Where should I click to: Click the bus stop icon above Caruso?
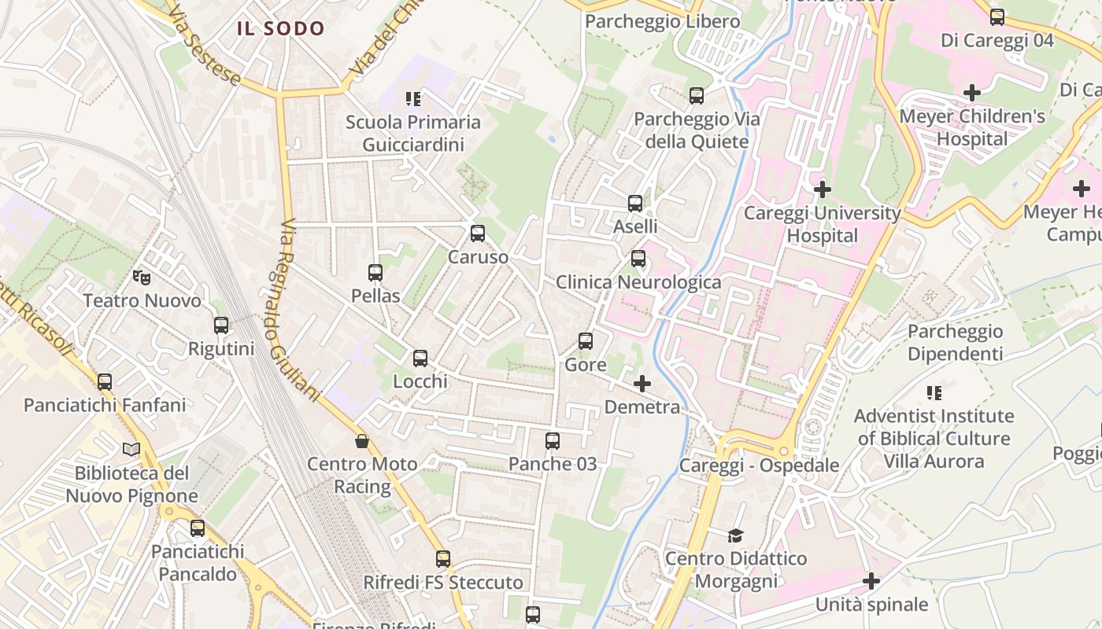478,234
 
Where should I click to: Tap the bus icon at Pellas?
375,273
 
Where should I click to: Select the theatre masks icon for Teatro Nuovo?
142,277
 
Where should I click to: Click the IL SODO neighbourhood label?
281,29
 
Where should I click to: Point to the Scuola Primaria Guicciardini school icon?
413,99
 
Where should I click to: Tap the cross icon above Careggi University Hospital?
823,189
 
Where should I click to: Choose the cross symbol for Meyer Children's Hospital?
972,93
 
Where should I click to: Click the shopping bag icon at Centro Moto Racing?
362,441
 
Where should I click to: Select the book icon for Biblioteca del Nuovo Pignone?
131,450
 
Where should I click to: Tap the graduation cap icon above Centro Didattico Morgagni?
735,535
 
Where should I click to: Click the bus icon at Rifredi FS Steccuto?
443,559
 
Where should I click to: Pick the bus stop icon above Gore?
586,341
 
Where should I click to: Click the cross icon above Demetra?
642,384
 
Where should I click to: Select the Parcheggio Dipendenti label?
955,342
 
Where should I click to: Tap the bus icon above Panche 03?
553,441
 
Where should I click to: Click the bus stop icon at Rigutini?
221,326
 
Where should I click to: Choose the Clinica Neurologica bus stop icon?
638,259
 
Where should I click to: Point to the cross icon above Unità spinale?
871,581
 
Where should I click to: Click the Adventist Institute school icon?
934,392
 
